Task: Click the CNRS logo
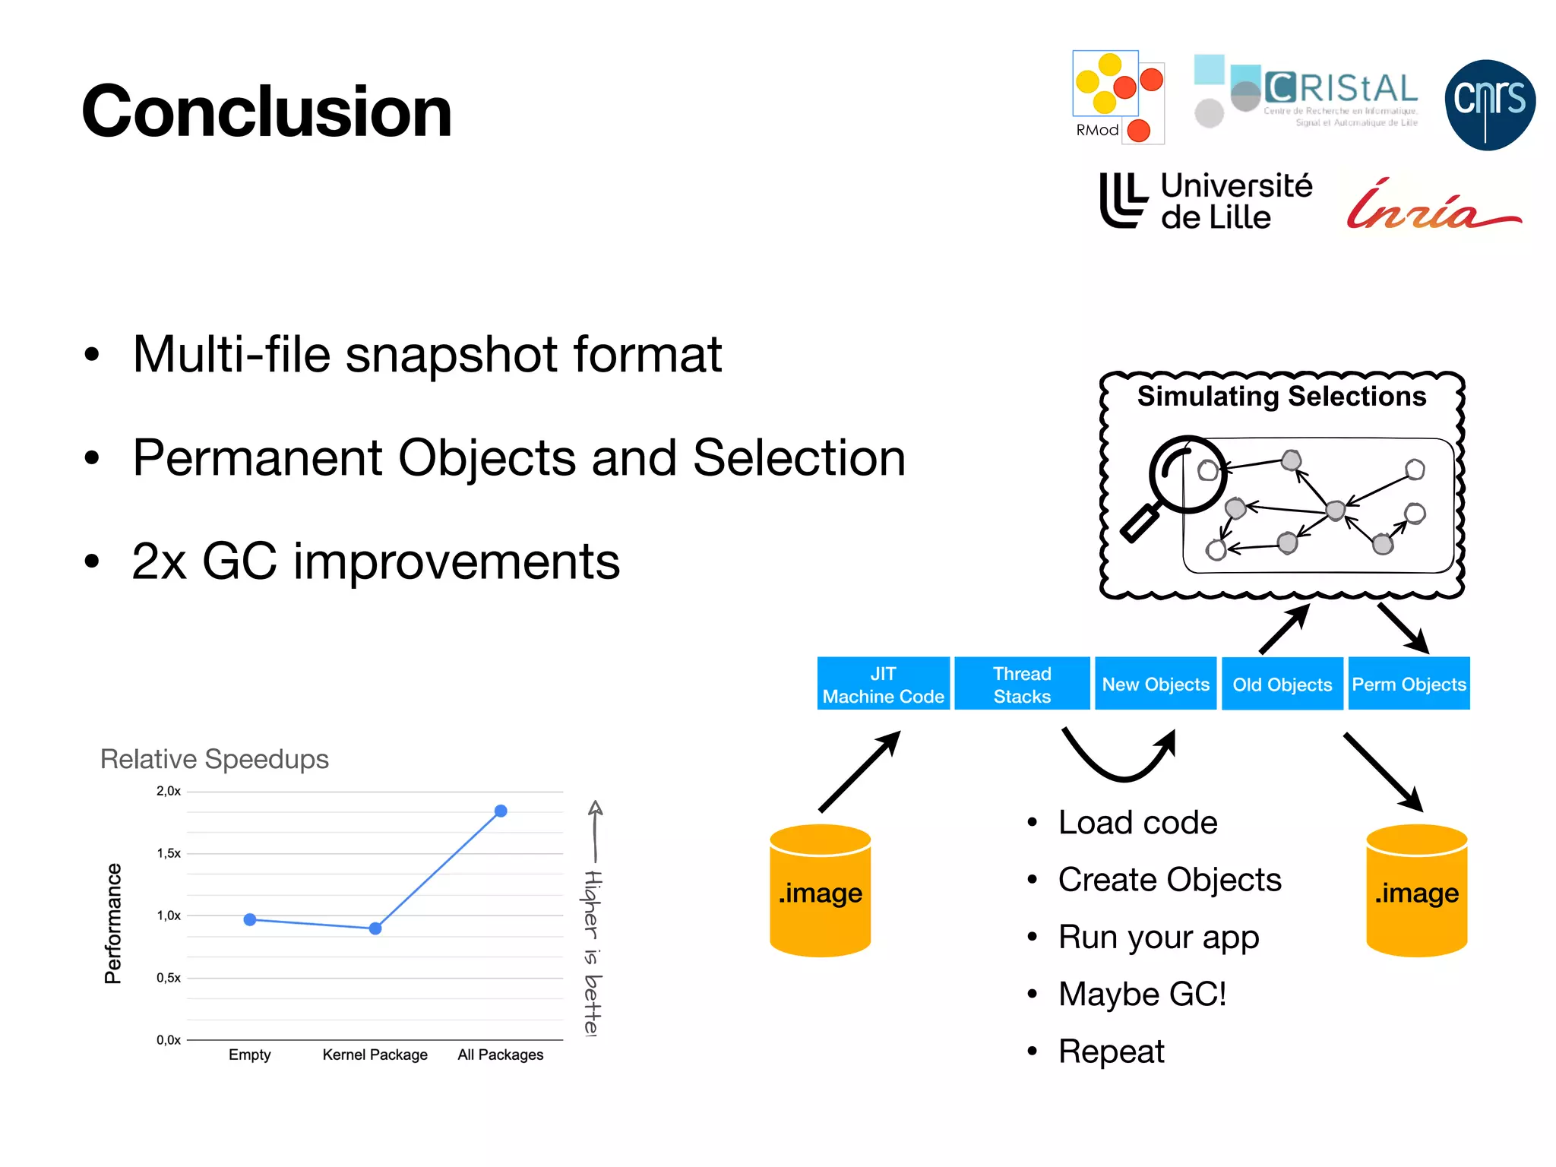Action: point(1489,104)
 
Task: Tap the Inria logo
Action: point(1432,206)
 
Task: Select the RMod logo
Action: point(1117,97)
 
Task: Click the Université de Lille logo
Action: point(1206,201)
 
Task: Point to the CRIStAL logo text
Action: point(1341,90)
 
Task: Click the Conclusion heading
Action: point(266,112)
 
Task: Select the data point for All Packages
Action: point(501,811)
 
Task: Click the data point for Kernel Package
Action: point(375,928)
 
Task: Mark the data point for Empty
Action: point(250,919)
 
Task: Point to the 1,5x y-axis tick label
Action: point(169,853)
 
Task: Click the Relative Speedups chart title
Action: point(214,759)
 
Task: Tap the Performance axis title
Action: point(112,923)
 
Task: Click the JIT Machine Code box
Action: point(883,684)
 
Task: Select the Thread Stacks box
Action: point(1022,684)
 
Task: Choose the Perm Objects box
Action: point(1409,684)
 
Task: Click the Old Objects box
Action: point(1282,684)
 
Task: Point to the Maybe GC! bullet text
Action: point(1142,994)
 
